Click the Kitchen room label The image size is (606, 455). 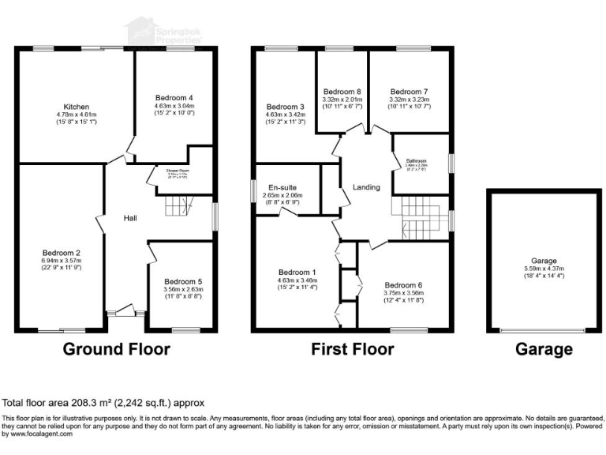77,107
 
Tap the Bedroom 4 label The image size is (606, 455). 174,97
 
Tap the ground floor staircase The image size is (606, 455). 178,208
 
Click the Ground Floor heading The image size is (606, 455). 116,349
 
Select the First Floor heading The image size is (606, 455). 352,349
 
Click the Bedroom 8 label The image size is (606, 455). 343,91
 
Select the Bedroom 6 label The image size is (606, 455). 403,285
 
